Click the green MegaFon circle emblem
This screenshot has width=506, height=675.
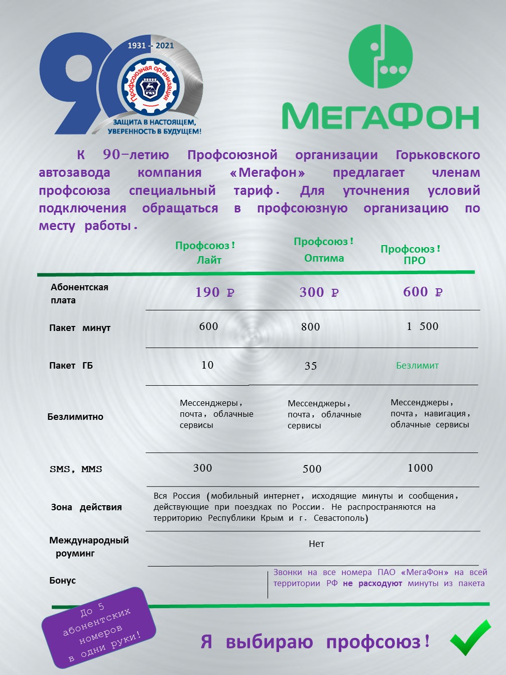381,56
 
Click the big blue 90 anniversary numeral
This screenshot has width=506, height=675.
75,83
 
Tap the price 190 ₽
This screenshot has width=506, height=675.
214,292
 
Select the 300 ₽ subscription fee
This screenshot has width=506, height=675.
319,292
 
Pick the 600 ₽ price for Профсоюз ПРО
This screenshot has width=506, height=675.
422,292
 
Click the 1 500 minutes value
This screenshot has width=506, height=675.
422,326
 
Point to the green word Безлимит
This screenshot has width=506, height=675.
417,366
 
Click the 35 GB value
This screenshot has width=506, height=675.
311,366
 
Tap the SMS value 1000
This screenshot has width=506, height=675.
420,468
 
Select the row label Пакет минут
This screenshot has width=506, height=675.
80,328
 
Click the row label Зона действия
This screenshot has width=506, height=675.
86,507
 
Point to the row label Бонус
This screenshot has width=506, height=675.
63,581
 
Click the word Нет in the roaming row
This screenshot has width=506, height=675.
316,544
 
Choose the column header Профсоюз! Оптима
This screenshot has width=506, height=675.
324,250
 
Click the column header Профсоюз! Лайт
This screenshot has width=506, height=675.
205,253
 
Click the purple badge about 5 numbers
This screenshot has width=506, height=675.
98,627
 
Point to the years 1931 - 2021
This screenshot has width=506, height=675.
150,46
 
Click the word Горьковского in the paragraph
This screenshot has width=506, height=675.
438,155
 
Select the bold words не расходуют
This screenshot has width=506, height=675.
372,584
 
